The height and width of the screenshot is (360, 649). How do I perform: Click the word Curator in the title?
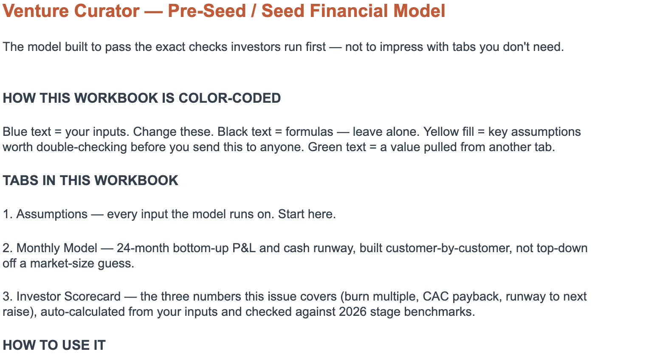[x=107, y=11]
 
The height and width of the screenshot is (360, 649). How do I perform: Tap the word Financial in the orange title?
[x=349, y=11]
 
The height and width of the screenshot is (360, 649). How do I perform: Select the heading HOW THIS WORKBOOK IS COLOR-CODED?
[x=142, y=98]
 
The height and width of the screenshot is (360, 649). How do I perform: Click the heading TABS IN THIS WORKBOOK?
[x=90, y=180]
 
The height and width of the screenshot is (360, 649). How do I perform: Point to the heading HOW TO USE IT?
[x=54, y=345]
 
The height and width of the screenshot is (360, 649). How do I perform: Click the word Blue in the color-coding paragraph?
[x=15, y=132]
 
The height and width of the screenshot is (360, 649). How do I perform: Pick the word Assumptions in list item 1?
[x=52, y=214]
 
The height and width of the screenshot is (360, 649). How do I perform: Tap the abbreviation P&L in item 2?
[x=244, y=248]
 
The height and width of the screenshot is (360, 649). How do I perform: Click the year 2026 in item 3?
[x=353, y=312]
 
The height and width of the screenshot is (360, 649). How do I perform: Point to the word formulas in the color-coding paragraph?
[x=309, y=132]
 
